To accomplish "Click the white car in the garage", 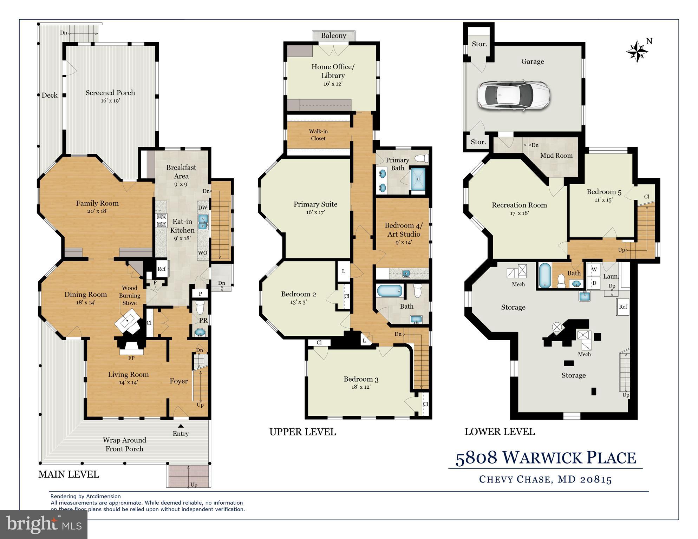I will click(513, 96).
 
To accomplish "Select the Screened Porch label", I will click(110, 93).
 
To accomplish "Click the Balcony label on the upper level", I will click(333, 35).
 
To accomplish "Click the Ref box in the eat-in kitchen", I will click(161, 269).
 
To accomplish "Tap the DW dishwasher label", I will click(203, 208).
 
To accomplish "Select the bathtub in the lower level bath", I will click(544, 276).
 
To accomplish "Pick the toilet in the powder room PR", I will click(200, 307).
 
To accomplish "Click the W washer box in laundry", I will click(594, 270).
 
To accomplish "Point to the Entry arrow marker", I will click(181, 426).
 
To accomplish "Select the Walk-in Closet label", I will click(318, 135).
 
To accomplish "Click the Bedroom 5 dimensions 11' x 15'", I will click(604, 200).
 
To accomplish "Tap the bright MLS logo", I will click(44, 525).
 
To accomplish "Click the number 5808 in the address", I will click(476, 458).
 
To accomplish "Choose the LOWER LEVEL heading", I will click(500, 432).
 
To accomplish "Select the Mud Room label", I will click(556, 156).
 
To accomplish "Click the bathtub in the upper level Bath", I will click(389, 291).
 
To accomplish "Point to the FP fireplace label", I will click(131, 358).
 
